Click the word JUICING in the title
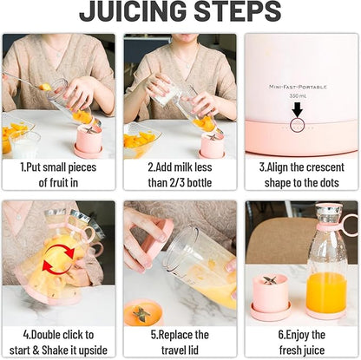[129, 11]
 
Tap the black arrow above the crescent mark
[297, 108]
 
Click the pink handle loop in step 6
[349, 225]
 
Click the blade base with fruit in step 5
[142, 313]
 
